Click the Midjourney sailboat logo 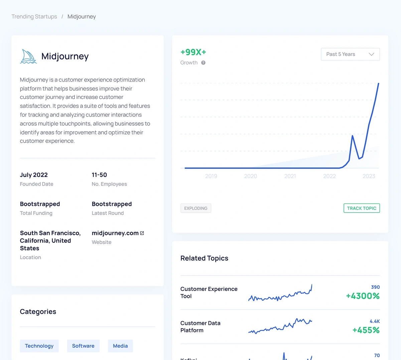[x=28, y=56]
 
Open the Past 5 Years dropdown [x=350, y=54]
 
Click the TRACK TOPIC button [x=362, y=208]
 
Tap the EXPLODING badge [x=196, y=208]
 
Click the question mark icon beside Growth [x=203, y=63]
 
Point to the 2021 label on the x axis [x=290, y=176]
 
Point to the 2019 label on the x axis [x=211, y=176]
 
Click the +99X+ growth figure [x=193, y=52]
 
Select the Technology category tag [x=39, y=346]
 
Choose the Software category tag [x=83, y=346]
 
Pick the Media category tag [x=120, y=346]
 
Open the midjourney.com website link [x=115, y=233]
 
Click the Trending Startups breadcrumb [x=34, y=17]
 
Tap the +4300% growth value [x=363, y=296]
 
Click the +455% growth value [x=366, y=330]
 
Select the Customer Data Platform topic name [x=200, y=327]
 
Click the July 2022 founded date [x=34, y=175]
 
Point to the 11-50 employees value [x=99, y=175]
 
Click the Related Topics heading [x=204, y=258]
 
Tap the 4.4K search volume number [x=375, y=321]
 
